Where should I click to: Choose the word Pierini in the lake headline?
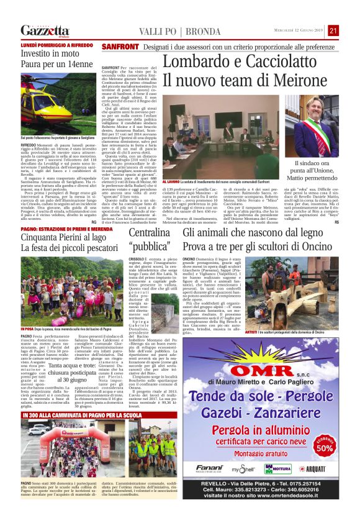click(x=73, y=236)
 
